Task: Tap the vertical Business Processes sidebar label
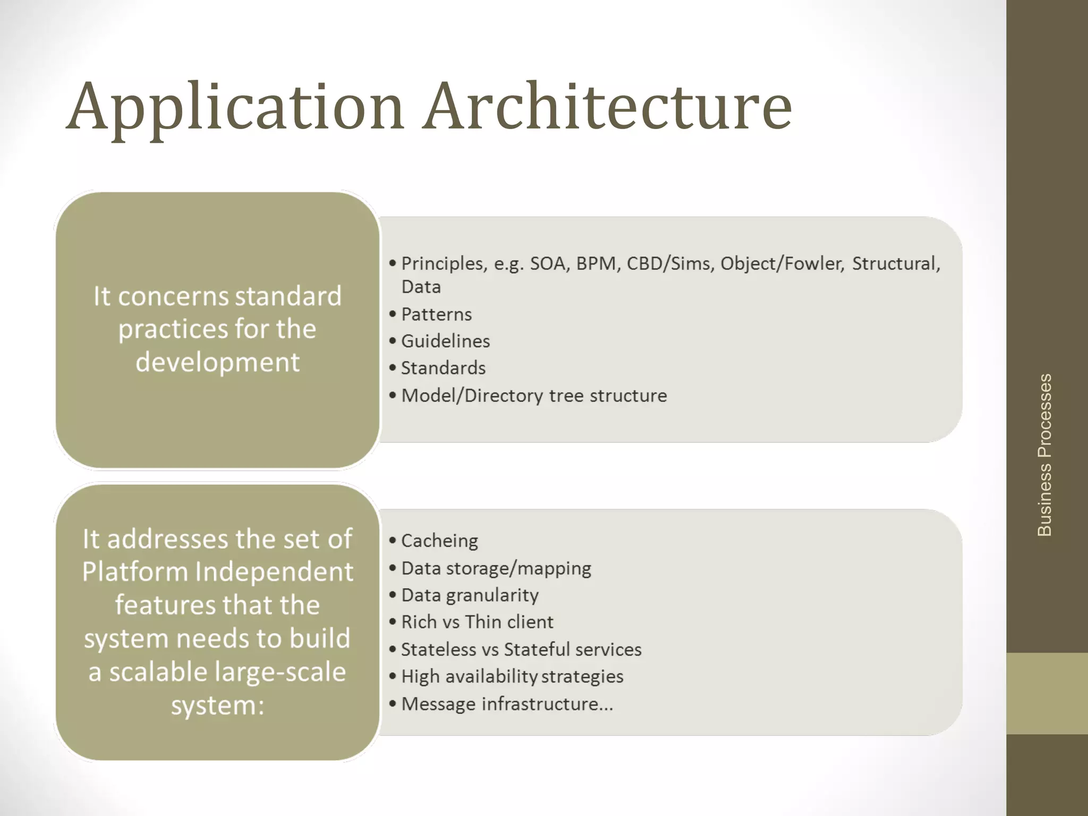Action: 1044,455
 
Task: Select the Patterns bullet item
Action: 436,314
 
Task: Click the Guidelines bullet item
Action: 445,341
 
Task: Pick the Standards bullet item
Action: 443,368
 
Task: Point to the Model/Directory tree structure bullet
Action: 533,396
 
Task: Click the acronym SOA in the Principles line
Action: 549,263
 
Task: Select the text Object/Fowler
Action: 781,263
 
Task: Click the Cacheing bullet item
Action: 439,541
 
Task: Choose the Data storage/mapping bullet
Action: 496,568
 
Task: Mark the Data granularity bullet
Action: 470,595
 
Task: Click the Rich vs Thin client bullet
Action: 477,622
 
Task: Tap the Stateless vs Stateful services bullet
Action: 521,650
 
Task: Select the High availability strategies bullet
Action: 512,677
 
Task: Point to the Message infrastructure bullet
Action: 507,704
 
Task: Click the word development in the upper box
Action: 217,362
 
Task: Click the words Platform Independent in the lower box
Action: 217,572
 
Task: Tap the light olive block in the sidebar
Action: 1047,693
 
